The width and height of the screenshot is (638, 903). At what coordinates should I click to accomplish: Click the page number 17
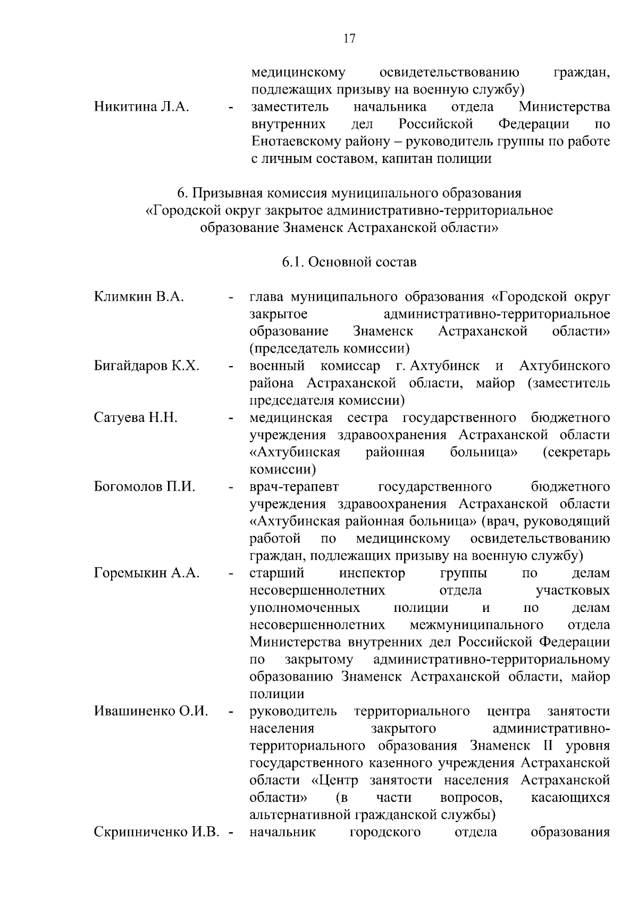pos(349,39)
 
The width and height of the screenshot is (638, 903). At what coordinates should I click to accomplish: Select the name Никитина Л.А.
pos(141,107)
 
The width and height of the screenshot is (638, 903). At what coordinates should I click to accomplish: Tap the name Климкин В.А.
pos(139,296)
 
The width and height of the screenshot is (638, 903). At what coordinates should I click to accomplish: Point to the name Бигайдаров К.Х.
pos(147,366)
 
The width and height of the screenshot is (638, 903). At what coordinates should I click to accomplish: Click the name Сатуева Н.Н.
pos(136,418)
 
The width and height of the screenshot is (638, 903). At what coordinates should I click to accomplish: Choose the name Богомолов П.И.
pos(145,487)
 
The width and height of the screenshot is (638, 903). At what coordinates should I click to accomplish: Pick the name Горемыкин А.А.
pos(147,573)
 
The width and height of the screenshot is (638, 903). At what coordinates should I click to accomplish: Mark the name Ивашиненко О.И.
pos(150,711)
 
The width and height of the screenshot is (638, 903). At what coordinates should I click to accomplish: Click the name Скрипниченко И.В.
pos(157,832)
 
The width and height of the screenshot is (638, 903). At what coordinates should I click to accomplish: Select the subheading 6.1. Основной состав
pos(349,262)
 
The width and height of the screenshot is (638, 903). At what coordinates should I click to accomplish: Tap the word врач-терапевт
pos(294,487)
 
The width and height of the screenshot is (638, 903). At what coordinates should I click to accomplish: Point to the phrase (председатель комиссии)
pos(330,349)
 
